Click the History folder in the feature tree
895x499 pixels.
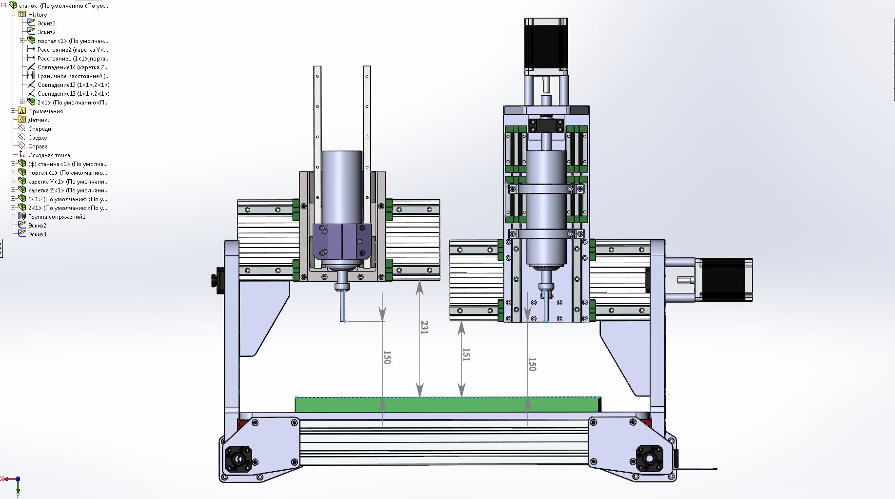point(37,15)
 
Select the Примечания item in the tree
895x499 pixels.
point(45,111)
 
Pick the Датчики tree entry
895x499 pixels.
point(39,120)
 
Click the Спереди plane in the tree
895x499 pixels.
point(39,129)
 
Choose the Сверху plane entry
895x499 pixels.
point(37,138)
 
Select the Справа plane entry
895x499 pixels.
point(38,146)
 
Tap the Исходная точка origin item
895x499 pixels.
point(49,155)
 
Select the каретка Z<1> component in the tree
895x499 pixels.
point(68,190)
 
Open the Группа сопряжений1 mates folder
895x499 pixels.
point(57,217)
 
